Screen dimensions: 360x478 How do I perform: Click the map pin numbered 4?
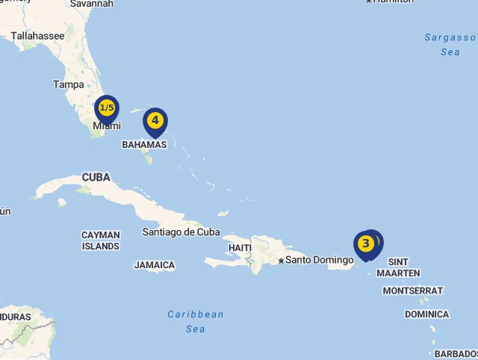(x=155, y=120)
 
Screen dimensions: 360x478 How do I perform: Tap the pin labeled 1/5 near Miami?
(x=107, y=108)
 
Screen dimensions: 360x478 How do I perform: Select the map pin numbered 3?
(x=365, y=243)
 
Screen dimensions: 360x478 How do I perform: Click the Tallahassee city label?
(x=38, y=35)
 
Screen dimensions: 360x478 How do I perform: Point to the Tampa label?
(x=68, y=84)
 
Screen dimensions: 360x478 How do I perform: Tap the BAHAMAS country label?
(x=144, y=144)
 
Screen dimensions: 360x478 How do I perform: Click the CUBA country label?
(x=96, y=177)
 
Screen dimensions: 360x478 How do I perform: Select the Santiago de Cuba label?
(x=181, y=232)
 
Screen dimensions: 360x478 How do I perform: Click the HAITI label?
(x=240, y=247)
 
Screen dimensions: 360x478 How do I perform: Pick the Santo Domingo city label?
(x=319, y=260)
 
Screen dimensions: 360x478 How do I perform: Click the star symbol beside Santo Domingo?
(x=281, y=261)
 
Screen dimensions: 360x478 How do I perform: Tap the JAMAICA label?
(x=155, y=265)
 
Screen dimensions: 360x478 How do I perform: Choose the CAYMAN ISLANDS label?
(x=101, y=240)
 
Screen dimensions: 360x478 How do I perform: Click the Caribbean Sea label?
(x=196, y=321)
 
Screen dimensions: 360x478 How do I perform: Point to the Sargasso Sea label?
(x=450, y=45)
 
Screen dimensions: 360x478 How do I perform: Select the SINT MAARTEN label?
(x=398, y=267)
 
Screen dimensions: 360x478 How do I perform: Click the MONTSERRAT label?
(x=412, y=291)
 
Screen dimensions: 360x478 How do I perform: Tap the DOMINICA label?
(x=426, y=314)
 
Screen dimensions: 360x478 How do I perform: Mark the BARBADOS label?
(x=456, y=353)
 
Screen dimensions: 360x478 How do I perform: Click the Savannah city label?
(x=91, y=4)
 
